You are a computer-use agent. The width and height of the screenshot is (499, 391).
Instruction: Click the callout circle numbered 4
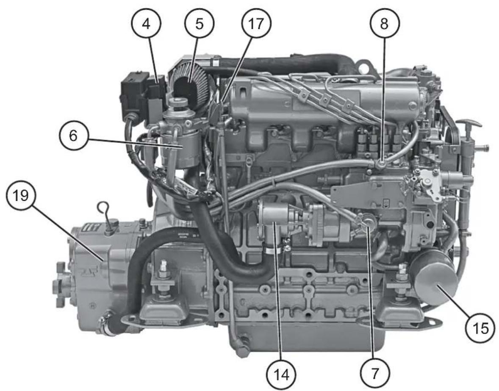click(x=146, y=24)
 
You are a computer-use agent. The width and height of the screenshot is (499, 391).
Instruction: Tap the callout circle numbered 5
click(x=199, y=24)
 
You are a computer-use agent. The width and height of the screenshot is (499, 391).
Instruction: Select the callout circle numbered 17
click(x=255, y=24)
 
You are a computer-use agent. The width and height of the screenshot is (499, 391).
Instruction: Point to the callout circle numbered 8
click(x=384, y=24)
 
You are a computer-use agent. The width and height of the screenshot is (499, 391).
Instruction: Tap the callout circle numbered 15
click(x=480, y=328)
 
